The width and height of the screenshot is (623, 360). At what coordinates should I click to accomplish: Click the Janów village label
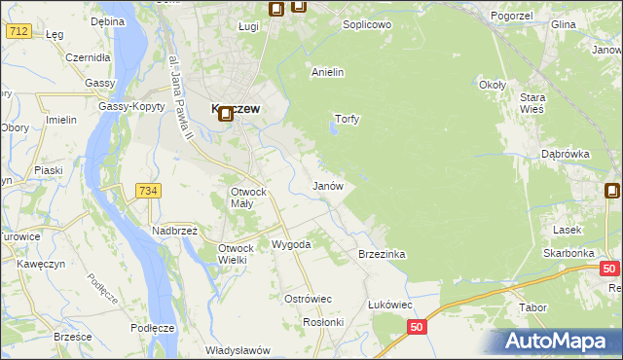(x=327, y=185)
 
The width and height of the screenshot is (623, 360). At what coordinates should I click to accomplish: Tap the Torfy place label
(x=348, y=120)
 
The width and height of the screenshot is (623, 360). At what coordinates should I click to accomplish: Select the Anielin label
(x=327, y=72)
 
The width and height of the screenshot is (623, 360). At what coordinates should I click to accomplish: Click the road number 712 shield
(x=18, y=31)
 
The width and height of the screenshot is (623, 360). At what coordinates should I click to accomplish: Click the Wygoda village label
(x=290, y=244)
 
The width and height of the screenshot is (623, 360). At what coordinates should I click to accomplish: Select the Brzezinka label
(x=382, y=254)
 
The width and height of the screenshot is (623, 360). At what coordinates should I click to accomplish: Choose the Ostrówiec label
(x=308, y=298)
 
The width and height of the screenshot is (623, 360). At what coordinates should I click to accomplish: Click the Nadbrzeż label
(x=174, y=231)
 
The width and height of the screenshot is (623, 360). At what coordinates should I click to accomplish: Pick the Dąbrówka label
(x=566, y=154)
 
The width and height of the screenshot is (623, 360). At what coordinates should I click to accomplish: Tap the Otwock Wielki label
(x=237, y=253)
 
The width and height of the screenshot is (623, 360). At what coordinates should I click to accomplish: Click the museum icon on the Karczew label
(x=225, y=114)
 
